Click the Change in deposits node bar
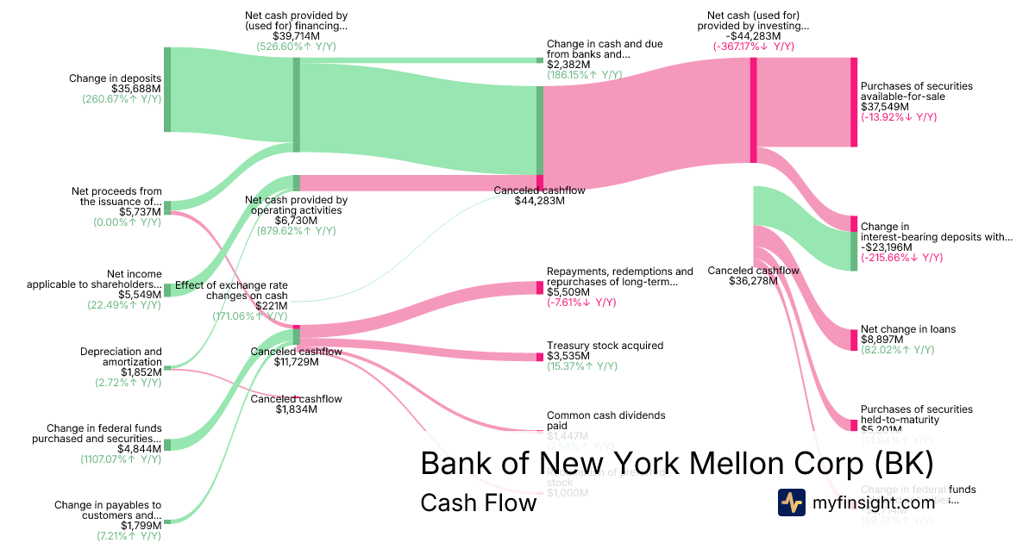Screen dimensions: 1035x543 [x=167, y=90]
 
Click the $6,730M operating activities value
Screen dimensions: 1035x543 [x=296, y=221]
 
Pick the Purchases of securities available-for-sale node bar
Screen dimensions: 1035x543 [x=854, y=102]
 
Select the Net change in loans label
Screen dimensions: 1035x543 [x=907, y=329]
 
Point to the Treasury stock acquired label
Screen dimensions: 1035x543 [x=605, y=346]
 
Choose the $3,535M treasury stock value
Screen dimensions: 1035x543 [x=568, y=356]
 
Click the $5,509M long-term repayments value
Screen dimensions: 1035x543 [x=568, y=292]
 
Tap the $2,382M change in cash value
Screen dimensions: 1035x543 [x=568, y=65]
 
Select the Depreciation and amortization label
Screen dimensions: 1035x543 [x=121, y=357]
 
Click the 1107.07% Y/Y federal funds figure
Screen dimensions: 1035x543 [x=128, y=459]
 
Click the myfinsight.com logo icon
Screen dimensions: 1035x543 [x=791, y=502]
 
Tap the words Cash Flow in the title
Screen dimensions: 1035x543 [x=478, y=502]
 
